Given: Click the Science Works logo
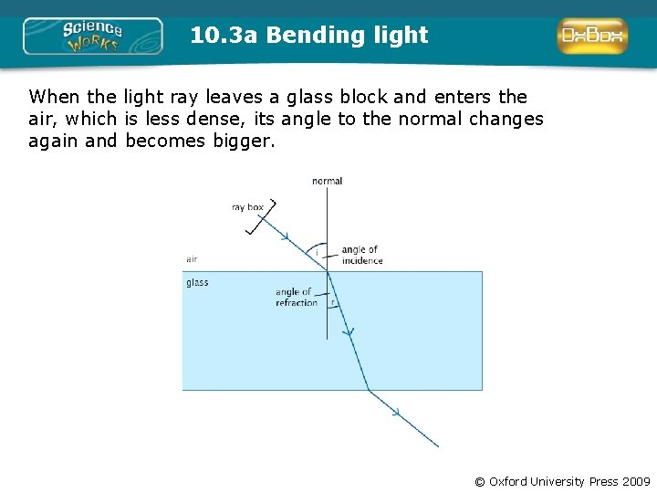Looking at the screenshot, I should (92, 37).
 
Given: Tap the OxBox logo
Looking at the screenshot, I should (592, 37).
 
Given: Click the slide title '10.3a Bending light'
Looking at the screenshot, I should (309, 36).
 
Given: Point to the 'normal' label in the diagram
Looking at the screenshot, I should (327, 181).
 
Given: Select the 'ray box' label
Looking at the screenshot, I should (247, 207).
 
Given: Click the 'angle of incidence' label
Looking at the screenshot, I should (361, 255).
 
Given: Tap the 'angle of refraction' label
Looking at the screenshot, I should (296, 297).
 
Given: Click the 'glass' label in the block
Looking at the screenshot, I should (197, 283).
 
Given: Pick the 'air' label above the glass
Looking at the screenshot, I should (192, 259).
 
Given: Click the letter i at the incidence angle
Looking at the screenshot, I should (317, 252).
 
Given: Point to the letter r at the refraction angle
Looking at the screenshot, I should (334, 302).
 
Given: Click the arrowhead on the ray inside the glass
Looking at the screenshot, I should (348, 334).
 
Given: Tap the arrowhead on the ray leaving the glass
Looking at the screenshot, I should (396, 414).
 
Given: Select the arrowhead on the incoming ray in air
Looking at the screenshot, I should (286, 236).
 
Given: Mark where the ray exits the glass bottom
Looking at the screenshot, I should (369, 391).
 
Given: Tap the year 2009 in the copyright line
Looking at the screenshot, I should (636, 481).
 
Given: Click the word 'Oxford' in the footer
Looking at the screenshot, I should (512, 481).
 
